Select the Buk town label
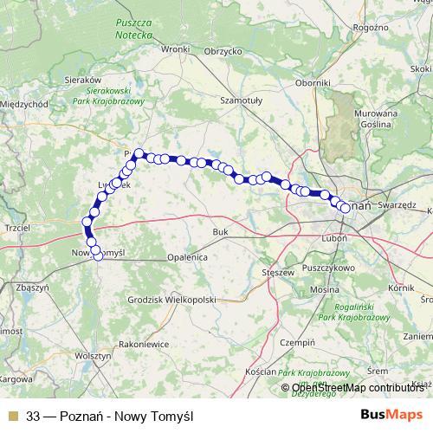220,232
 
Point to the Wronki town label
174,49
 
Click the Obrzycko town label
222,50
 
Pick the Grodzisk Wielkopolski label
171,299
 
